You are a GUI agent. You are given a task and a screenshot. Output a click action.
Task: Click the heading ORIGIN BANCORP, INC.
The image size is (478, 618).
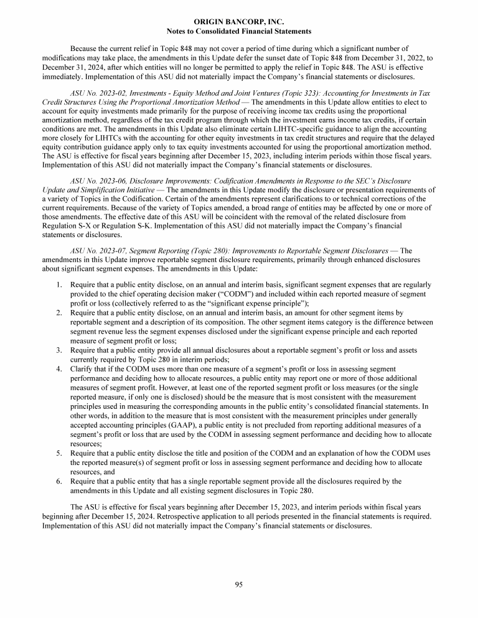click(239, 22)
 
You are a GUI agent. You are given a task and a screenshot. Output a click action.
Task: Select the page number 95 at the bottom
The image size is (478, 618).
click(239, 584)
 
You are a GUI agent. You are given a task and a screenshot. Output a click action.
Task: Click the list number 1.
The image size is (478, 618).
click(57, 285)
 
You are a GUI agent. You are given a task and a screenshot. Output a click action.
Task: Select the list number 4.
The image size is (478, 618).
click(57, 369)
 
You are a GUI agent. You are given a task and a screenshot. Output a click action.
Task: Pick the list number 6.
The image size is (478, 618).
click(57, 481)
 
